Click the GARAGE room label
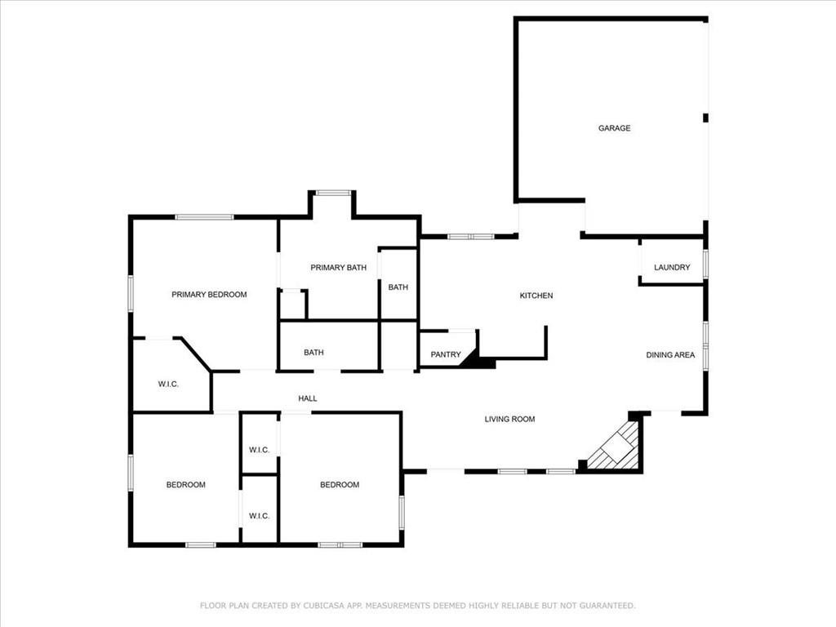click(x=614, y=128)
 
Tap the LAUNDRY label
click(x=672, y=267)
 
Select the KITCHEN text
click(x=536, y=296)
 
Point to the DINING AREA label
click(x=670, y=355)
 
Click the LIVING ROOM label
click(x=509, y=419)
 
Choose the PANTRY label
click(x=446, y=354)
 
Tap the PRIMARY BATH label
click(x=338, y=268)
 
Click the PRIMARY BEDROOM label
click(x=209, y=295)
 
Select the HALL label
click(x=307, y=398)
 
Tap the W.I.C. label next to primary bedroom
click(x=168, y=384)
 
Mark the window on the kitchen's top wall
click(x=470, y=236)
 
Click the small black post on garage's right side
click(x=705, y=118)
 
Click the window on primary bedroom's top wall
click(x=204, y=216)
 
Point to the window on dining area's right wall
click(x=706, y=345)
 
